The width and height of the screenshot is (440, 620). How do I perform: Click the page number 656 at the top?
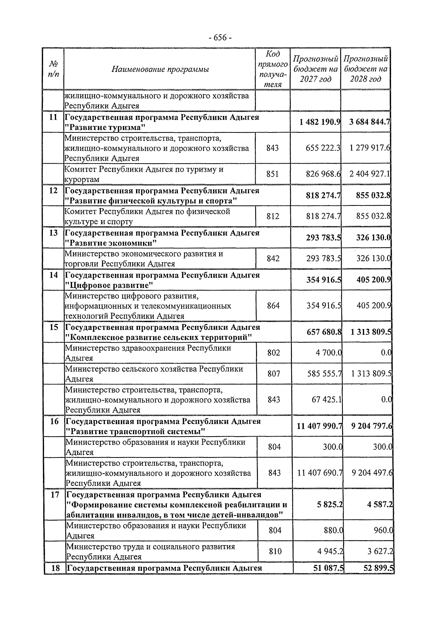(x=220, y=38)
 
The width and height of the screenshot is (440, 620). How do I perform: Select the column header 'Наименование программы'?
(x=160, y=69)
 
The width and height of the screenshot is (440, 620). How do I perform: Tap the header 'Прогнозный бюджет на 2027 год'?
(x=315, y=69)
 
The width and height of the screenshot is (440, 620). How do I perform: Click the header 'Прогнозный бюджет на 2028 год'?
(x=366, y=69)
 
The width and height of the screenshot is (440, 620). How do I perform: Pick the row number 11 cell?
(x=54, y=117)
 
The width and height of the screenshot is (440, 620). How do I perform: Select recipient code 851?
(x=272, y=174)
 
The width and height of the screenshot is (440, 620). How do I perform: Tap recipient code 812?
(x=273, y=216)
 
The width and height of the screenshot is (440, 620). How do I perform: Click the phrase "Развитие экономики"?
(x=111, y=243)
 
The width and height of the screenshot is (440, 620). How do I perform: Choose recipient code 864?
(x=273, y=306)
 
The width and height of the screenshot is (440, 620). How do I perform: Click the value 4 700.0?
(x=329, y=353)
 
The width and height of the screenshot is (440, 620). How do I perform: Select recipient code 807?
(x=274, y=374)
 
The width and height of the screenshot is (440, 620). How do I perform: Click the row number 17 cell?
(x=55, y=495)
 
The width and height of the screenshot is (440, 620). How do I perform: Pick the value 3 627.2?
(x=380, y=551)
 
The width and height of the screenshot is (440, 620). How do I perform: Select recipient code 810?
(x=275, y=551)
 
